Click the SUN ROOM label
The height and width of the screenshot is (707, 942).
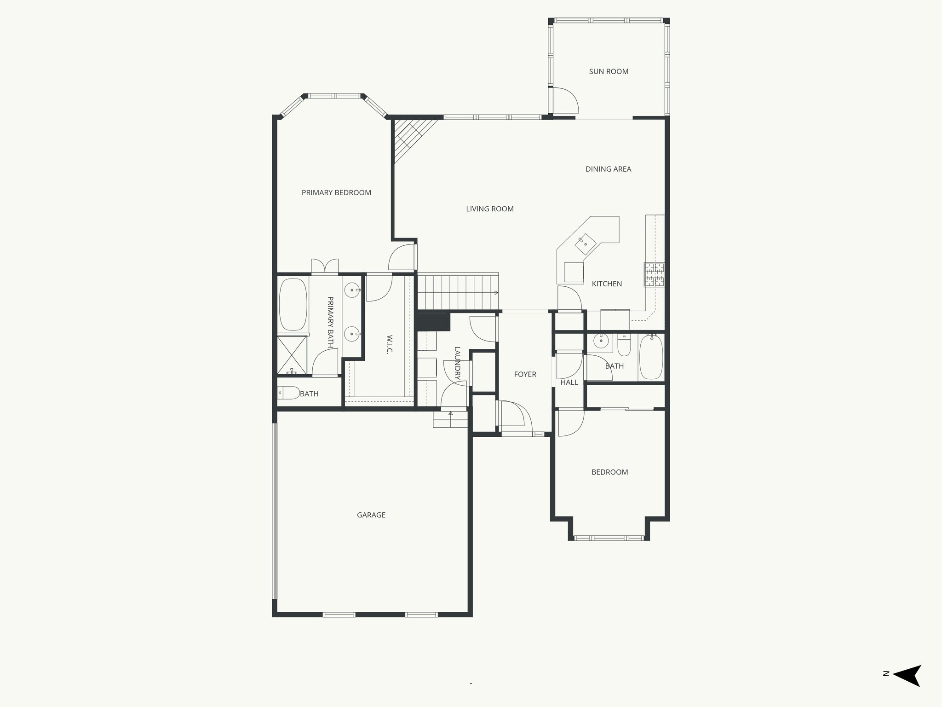609,71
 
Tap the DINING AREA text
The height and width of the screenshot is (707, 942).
608,169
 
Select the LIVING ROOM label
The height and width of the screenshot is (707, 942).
489,209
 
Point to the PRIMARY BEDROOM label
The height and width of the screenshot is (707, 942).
336,192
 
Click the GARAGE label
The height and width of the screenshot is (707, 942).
371,515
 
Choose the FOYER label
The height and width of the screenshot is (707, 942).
525,374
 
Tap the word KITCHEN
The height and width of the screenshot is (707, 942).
607,284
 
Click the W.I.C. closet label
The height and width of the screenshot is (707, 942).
389,344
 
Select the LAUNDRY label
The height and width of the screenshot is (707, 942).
457,364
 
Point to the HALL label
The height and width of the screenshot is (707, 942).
569,382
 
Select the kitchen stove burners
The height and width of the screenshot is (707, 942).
654,274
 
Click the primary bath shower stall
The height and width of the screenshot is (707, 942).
292,355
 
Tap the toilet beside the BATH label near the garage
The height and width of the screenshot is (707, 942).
289,393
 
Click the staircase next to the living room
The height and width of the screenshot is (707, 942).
458,292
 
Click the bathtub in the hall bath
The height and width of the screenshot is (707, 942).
651,357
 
